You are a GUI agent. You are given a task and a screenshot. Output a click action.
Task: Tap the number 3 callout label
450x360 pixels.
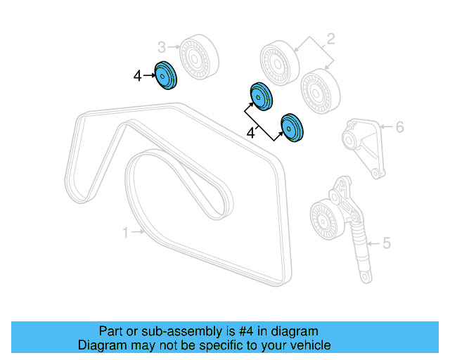tap(161, 47)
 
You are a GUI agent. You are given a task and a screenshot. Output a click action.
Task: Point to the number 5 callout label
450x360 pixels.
tap(386, 244)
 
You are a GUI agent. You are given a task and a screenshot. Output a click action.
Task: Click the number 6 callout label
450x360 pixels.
tap(399, 127)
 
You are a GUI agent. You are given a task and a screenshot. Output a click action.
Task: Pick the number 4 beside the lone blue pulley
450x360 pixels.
tap(138, 73)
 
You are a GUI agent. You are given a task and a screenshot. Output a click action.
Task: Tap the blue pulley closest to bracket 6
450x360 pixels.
tap(292, 127)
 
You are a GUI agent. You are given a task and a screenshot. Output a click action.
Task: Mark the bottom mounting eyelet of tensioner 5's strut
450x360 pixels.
tap(365, 277)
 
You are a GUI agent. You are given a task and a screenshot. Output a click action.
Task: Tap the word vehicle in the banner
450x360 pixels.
tap(311, 345)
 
